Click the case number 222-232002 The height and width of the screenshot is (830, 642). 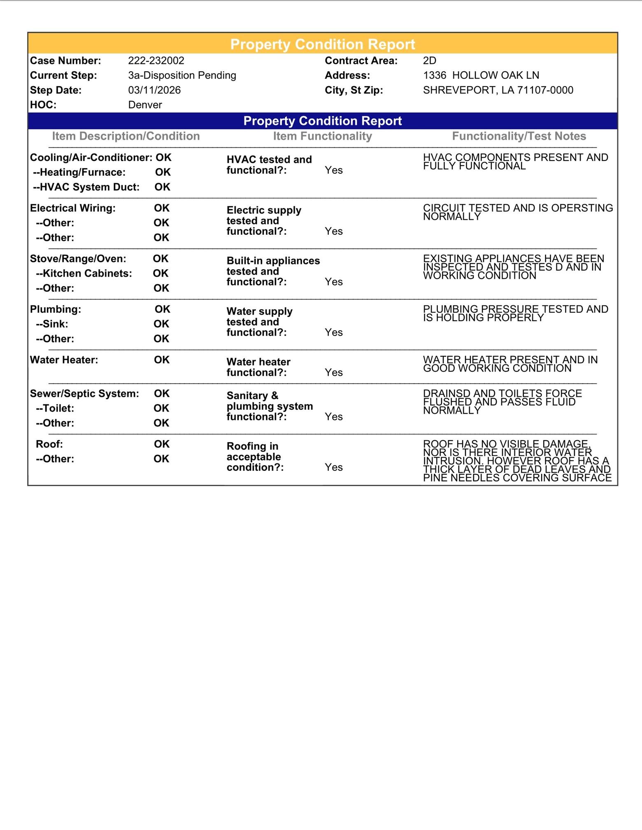[x=156, y=61]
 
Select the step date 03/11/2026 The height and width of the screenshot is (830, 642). [x=154, y=90]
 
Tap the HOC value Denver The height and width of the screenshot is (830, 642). [x=145, y=105]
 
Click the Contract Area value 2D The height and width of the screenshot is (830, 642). [x=429, y=61]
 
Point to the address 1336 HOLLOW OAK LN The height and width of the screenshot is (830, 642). [x=481, y=75]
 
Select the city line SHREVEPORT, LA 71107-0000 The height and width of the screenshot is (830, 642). [x=498, y=90]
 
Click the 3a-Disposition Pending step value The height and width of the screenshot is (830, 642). [x=182, y=75]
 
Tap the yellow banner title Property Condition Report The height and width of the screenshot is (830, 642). [x=323, y=44]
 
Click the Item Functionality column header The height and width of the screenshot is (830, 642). [x=322, y=136]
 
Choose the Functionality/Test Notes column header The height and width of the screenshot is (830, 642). [x=519, y=136]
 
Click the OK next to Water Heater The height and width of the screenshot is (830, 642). [x=162, y=360]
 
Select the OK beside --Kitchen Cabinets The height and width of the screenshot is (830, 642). [x=160, y=273]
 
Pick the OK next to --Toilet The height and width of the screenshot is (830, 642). [x=161, y=408]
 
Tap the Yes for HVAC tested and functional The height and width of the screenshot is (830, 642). [x=333, y=170]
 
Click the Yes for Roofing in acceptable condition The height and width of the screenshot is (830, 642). [x=333, y=467]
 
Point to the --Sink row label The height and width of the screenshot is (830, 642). [x=52, y=324]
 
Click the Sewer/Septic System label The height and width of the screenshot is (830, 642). [x=84, y=394]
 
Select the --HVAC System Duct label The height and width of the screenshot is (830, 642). [x=86, y=187]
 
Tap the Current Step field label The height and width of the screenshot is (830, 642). [x=63, y=75]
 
